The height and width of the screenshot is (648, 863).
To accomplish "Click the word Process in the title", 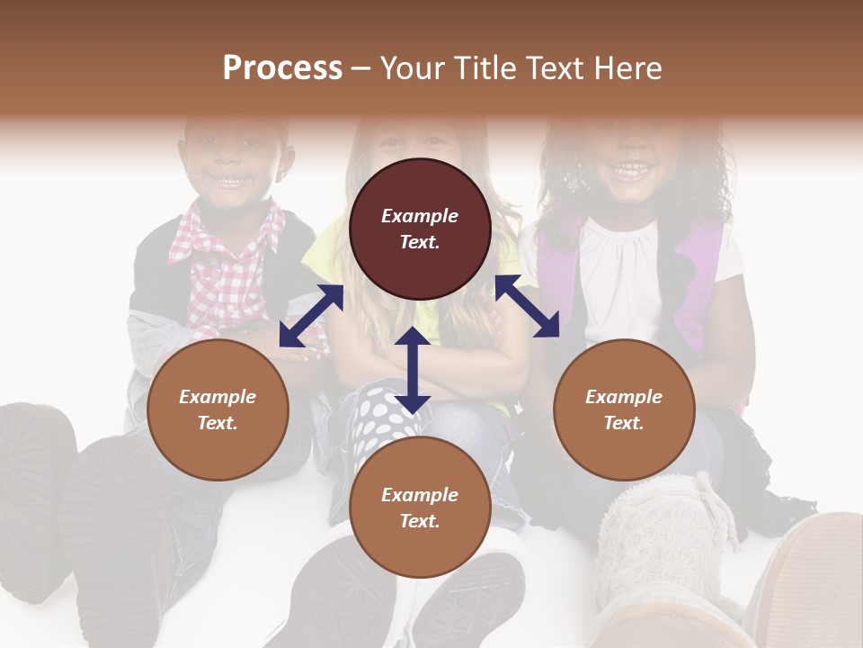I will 282,68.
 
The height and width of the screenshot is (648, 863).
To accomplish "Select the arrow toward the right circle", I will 527,306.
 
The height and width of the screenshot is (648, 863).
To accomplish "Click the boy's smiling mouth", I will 231,181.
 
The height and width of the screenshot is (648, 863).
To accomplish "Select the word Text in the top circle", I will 420,242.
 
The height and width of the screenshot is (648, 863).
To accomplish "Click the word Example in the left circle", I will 218,397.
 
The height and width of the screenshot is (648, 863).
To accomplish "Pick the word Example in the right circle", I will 624,397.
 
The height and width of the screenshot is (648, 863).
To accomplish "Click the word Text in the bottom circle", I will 420,521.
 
